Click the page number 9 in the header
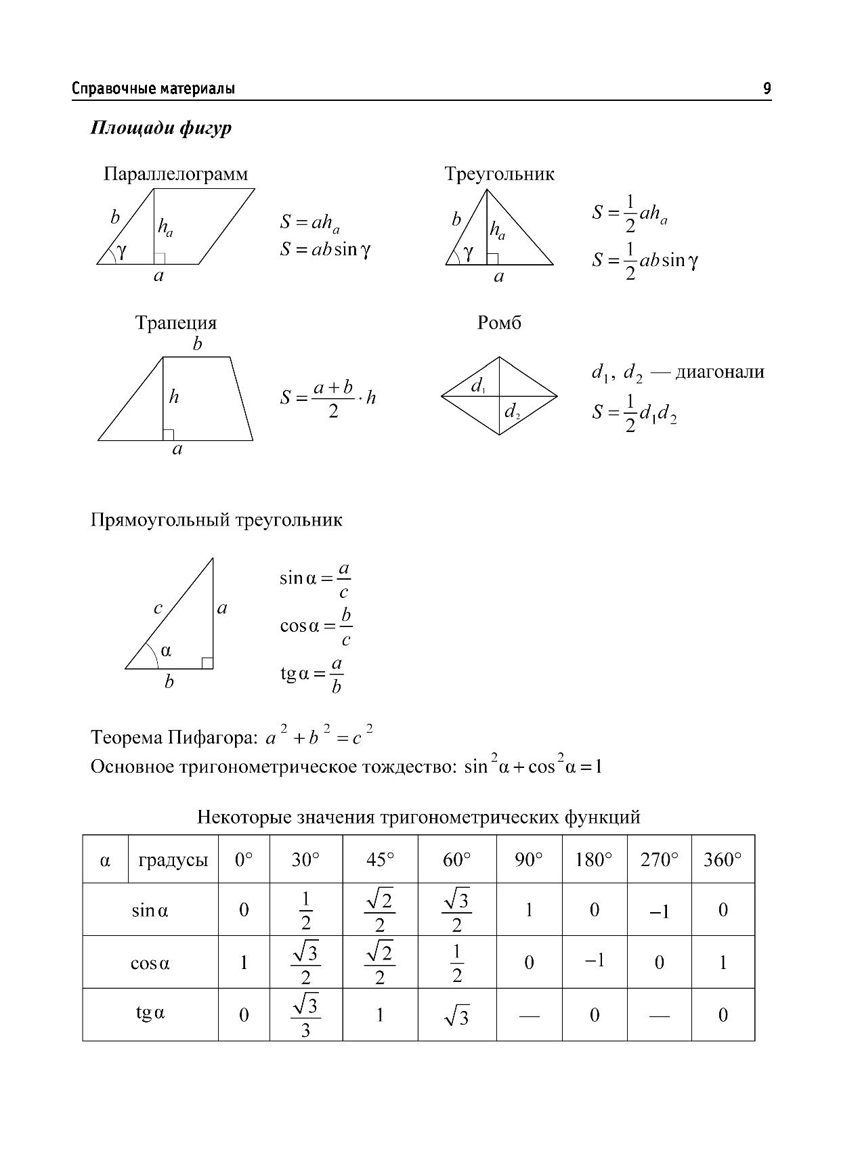(x=767, y=89)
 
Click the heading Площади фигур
(x=160, y=128)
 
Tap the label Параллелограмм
(x=175, y=174)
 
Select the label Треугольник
(x=499, y=174)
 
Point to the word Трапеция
(x=175, y=322)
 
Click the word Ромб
(x=499, y=322)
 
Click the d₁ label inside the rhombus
(x=478, y=386)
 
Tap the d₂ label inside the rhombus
(x=512, y=411)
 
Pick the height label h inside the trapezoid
(x=174, y=397)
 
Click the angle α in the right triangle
(x=166, y=651)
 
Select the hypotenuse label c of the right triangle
(x=158, y=608)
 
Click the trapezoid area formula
(x=328, y=398)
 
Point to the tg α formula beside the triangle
(x=312, y=675)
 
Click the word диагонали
(x=720, y=372)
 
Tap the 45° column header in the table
(x=380, y=860)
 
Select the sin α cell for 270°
(x=659, y=911)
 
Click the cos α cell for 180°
(x=594, y=961)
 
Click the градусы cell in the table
(x=173, y=860)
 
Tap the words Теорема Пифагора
(x=173, y=737)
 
